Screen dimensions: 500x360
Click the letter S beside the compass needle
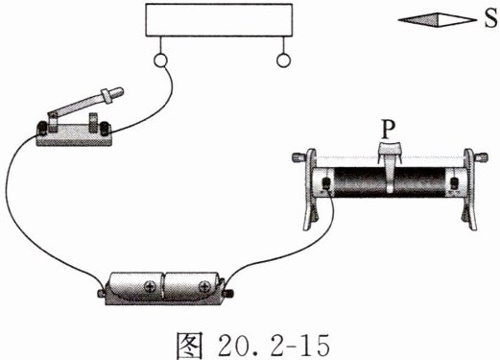pyautogui.click(x=490, y=19)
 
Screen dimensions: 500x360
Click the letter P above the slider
pyautogui.click(x=388, y=130)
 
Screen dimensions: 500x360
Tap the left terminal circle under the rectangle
pyautogui.click(x=159, y=60)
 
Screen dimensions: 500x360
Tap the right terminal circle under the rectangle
pyautogui.click(x=283, y=60)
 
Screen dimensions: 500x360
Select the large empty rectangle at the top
pyautogui.click(x=219, y=20)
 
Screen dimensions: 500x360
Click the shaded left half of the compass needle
pyautogui.click(x=418, y=20)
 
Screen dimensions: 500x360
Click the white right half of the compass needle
pyautogui.click(x=457, y=20)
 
